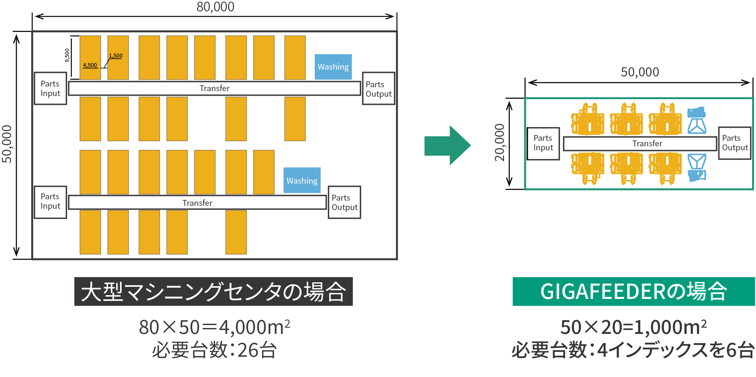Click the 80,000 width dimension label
[215, 7]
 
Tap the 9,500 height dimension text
[67, 55]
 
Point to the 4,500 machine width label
[90, 65]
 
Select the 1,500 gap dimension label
[116, 56]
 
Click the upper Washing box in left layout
[333, 67]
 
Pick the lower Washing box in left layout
[302, 180]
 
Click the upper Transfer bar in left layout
[214, 88]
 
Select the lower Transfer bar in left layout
[197, 203]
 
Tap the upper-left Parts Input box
[50, 89]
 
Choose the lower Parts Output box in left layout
[344, 203]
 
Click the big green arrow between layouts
[447, 145]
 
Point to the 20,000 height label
[500, 143]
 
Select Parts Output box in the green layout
[735, 143]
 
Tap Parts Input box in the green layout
[543, 143]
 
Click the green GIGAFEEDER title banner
[633, 291]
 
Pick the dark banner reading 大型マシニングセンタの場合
[213, 291]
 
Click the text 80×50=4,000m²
[214, 327]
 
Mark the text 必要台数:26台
[214, 350]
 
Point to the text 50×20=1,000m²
[633, 327]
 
